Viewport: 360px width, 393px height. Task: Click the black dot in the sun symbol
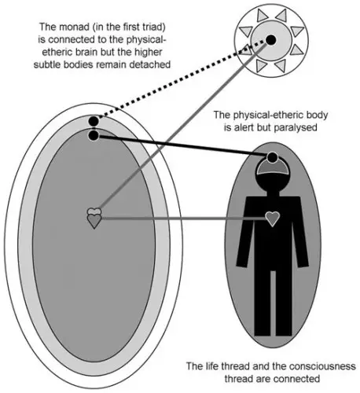(271, 40)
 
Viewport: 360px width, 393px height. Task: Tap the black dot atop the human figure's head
(273, 157)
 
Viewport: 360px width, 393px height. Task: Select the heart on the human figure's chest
(273, 219)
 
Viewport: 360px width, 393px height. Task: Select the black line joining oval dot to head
(183, 146)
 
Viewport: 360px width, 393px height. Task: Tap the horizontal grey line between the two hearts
(184, 218)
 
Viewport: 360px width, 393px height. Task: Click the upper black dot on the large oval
(94, 121)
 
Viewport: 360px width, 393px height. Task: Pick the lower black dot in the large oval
(94, 135)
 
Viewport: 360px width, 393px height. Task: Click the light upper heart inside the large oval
(94, 211)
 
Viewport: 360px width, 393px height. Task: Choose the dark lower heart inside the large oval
(94, 221)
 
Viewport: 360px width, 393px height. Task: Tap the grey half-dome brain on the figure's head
(273, 167)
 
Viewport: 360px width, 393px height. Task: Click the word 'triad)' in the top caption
(153, 28)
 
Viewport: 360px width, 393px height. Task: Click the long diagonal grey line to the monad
(184, 125)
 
